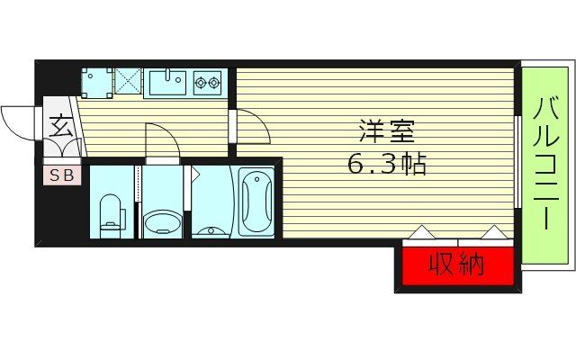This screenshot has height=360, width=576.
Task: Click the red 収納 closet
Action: (457, 266)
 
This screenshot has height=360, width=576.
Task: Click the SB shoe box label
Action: (61, 175)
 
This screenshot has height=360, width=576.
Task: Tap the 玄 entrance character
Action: (59, 126)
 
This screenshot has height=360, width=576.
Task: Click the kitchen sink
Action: (167, 84)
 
